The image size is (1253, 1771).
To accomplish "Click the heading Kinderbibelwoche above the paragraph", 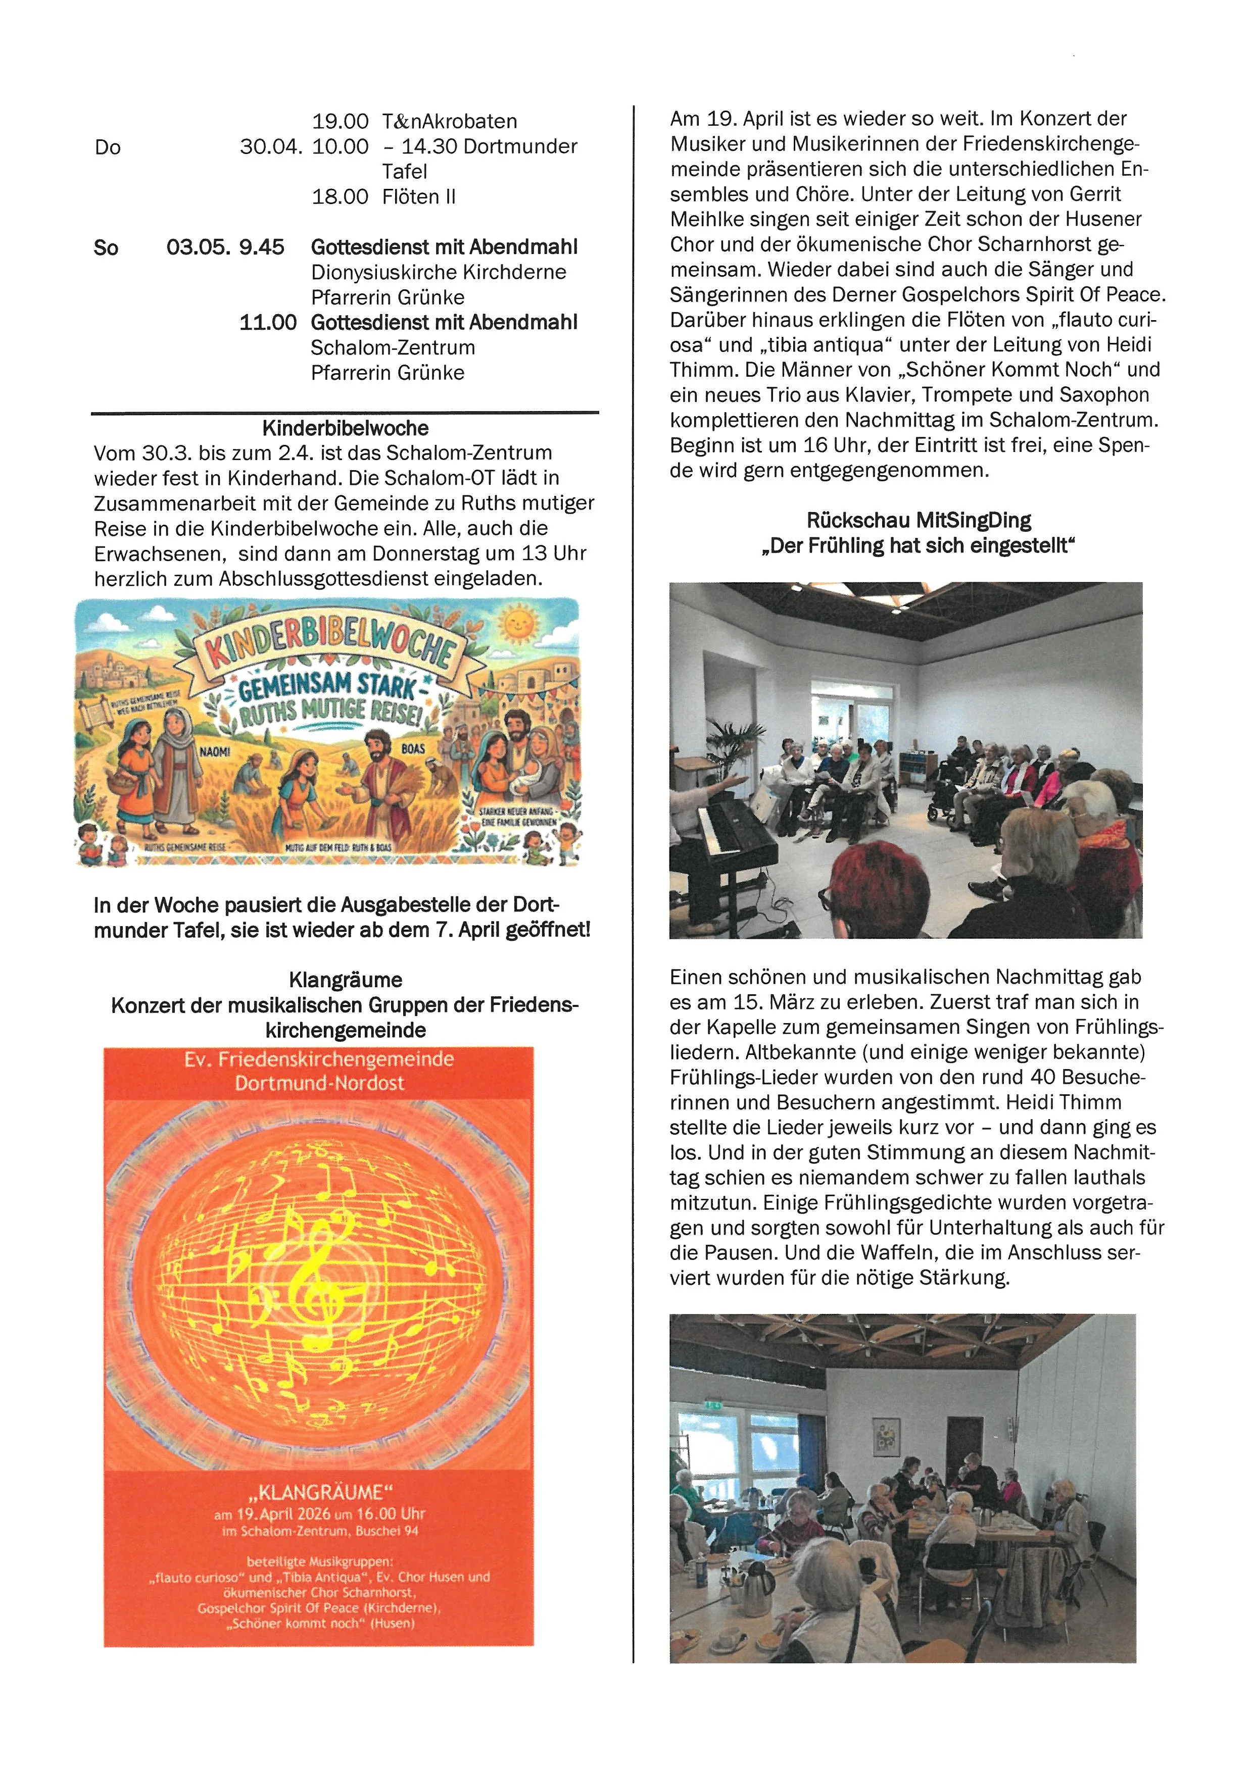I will point(345,428).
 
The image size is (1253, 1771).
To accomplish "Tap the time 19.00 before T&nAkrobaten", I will point(340,121).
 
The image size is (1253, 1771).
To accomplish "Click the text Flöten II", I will point(418,196).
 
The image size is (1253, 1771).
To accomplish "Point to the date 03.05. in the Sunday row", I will point(193,247).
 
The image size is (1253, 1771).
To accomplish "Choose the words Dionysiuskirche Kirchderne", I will point(438,272).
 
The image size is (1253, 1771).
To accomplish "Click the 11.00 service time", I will point(268,322).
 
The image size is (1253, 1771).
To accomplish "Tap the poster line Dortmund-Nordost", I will point(319,1083).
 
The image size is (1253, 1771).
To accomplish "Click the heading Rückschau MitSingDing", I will point(918,521).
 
